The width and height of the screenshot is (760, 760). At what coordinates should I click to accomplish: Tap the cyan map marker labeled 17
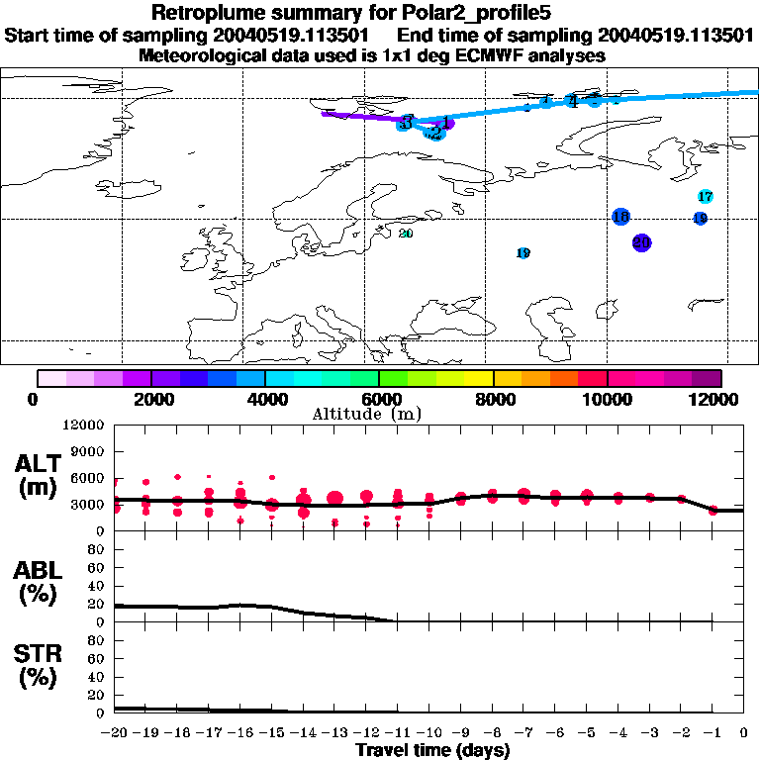click(706, 197)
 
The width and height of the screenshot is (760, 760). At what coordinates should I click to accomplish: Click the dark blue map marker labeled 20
click(641, 242)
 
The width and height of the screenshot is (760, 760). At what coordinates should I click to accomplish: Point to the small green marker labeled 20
click(406, 234)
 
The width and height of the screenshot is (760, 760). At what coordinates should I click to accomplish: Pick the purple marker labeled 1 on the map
click(446, 123)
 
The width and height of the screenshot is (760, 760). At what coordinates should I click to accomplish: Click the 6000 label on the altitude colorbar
click(379, 400)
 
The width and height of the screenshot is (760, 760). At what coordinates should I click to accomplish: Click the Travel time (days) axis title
click(432, 751)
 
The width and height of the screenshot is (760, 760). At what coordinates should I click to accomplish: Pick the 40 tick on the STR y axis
click(97, 677)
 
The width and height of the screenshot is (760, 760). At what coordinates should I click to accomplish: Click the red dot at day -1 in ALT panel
click(713, 511)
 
